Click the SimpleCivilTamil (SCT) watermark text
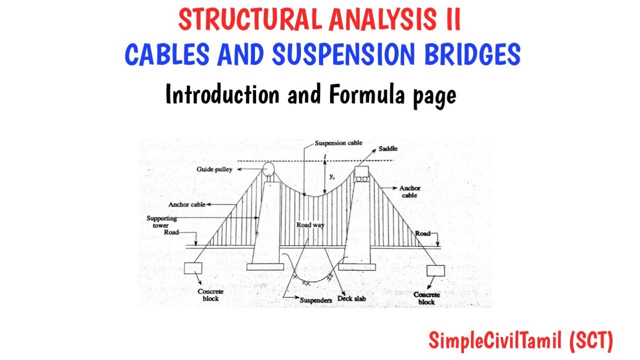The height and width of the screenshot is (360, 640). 520,341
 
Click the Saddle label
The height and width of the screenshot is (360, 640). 387,149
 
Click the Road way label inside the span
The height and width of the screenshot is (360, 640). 310,225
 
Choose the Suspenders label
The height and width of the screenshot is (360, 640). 315,300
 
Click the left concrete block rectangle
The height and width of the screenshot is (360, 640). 192,268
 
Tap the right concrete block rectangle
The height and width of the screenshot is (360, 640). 435,271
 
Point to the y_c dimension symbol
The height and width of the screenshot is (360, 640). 332,176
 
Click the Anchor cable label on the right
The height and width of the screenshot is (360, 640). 409,191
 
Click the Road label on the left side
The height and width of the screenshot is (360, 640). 170,233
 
